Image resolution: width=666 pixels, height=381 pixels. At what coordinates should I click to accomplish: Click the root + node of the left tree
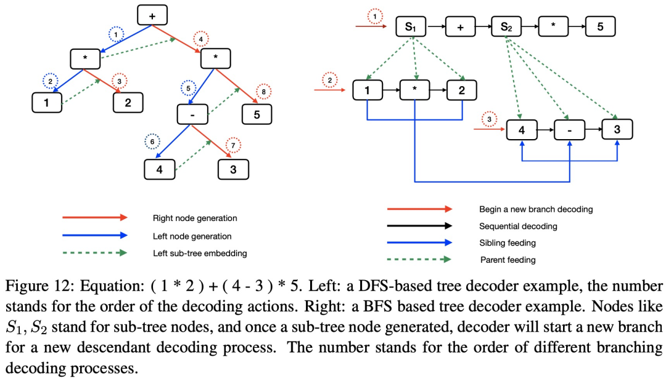point(152,16)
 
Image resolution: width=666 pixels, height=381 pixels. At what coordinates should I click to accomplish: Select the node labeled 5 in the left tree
point(256,114)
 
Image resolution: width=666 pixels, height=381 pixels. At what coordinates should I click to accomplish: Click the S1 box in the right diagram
point(411,27)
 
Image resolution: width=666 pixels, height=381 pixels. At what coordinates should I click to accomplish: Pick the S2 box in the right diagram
point(505,27)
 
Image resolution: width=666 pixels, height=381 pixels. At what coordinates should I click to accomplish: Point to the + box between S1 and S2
point(459,27)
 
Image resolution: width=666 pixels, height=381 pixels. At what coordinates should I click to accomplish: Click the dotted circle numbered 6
point(152,143)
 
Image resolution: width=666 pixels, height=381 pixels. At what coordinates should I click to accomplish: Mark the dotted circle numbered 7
point(233,146)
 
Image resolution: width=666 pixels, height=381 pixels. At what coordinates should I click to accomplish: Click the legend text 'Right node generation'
point(195,218)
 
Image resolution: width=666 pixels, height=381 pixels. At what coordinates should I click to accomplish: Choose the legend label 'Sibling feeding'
point(508,243)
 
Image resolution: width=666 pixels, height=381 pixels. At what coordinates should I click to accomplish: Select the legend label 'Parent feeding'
point(508,260)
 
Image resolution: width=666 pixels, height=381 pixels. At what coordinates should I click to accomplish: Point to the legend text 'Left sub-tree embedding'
point(200,253)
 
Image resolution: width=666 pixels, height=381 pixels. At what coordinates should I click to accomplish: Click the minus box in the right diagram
point(569,130)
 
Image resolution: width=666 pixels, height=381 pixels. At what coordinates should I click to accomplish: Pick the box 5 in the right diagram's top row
point(600,27)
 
